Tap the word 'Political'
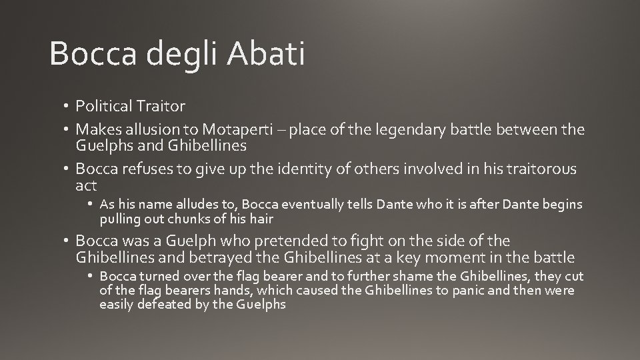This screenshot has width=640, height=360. coord(103,105)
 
